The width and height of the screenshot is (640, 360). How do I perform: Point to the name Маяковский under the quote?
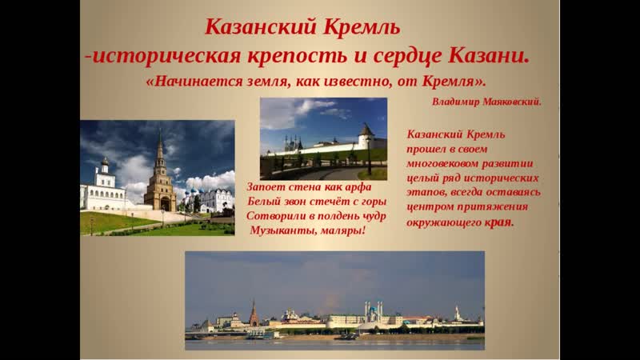click(x=512, y=102)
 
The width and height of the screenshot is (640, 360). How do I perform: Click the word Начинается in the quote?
click(x=194, y=82)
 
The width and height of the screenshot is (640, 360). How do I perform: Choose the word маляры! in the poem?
click(x=343, y=230)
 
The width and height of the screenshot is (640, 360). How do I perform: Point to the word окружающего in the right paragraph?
click(x=443, y=223)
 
